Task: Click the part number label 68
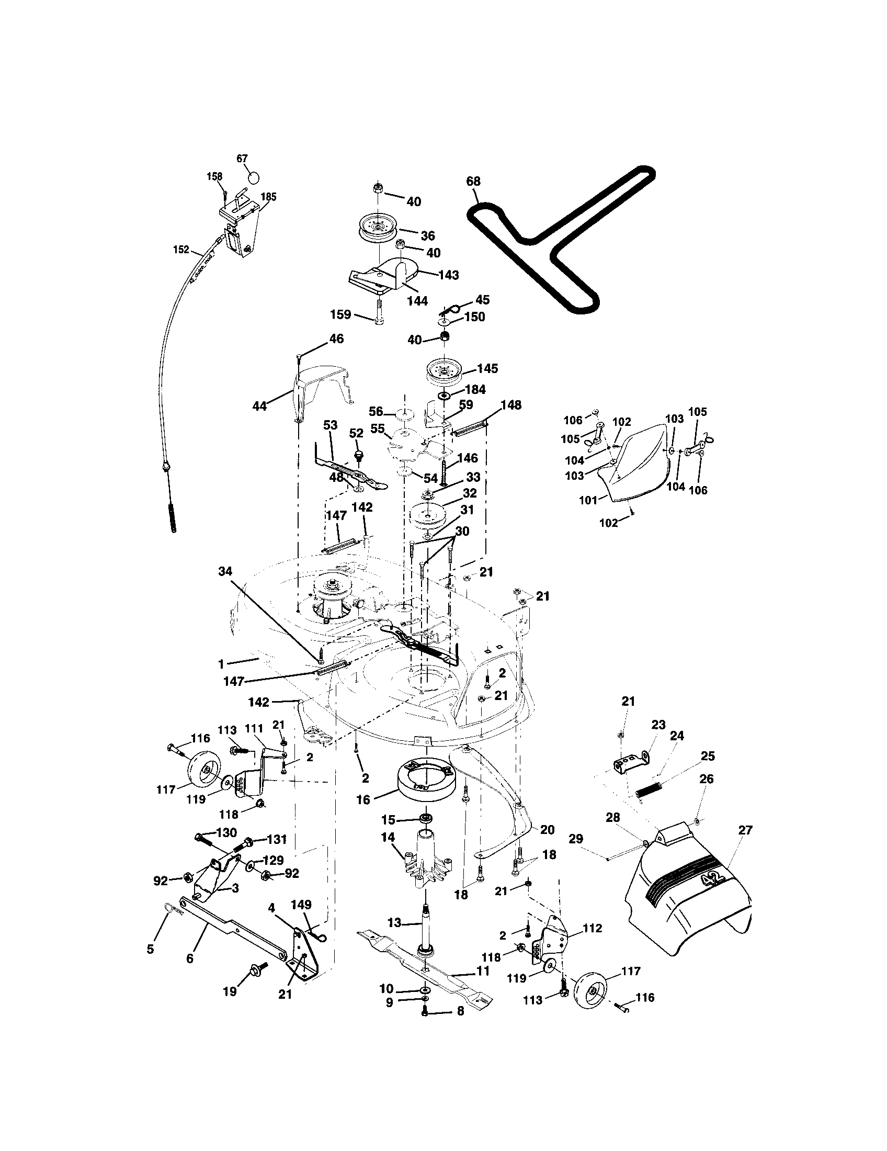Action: tap(473, 182)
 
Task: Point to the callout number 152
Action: tap(180, 249)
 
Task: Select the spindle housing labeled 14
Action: tap(428, 860)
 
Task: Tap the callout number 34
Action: tap(225, 571)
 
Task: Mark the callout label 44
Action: tap(259, 406)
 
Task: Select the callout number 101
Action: tap(588, 500)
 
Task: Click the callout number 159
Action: tap(340, 314)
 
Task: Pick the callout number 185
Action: tap(268, 197)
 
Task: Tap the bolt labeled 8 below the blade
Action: tap(425, 1011)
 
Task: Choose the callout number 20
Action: tap(547, 830)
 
